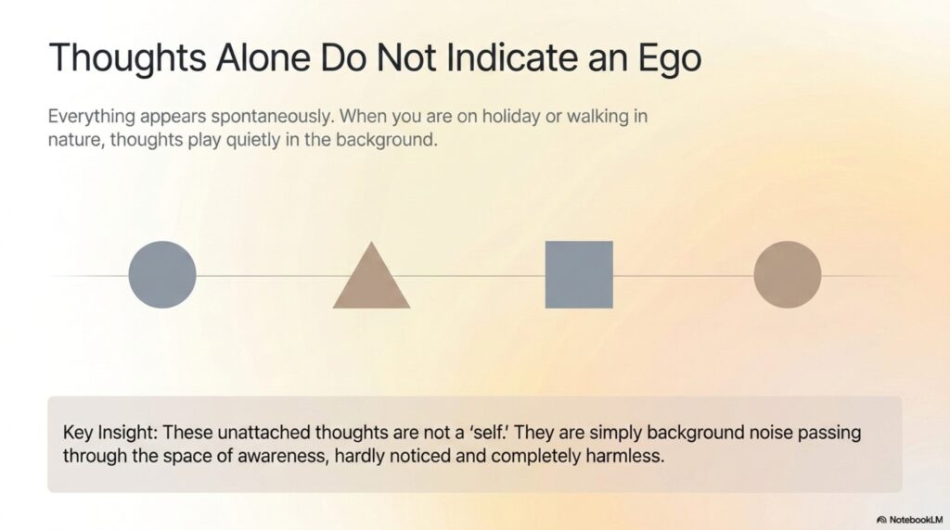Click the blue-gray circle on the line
pos(162,274)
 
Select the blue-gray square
pos(579,274)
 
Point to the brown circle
pos(788,274)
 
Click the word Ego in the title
pos(670,59)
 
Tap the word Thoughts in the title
pos(127,59)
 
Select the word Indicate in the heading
pos(511,57)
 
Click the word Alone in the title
pos(263,57)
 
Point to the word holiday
pos(510,116)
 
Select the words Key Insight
pos(110,434)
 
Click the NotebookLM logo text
pos(916,520)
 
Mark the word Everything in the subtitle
pos(92,117)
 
